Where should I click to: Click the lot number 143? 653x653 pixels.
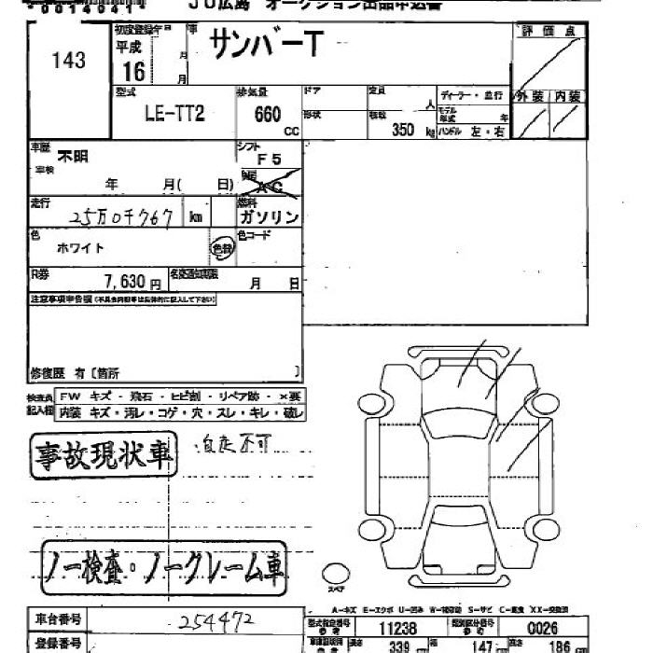click(69, 61)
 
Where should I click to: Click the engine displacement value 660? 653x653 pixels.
click(267, 116)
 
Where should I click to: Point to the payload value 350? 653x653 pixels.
click(403, 131)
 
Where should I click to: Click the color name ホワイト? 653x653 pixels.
click(81, 248)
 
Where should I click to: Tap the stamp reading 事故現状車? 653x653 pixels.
click(104, 456)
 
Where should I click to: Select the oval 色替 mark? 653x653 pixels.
click(222, 249)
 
